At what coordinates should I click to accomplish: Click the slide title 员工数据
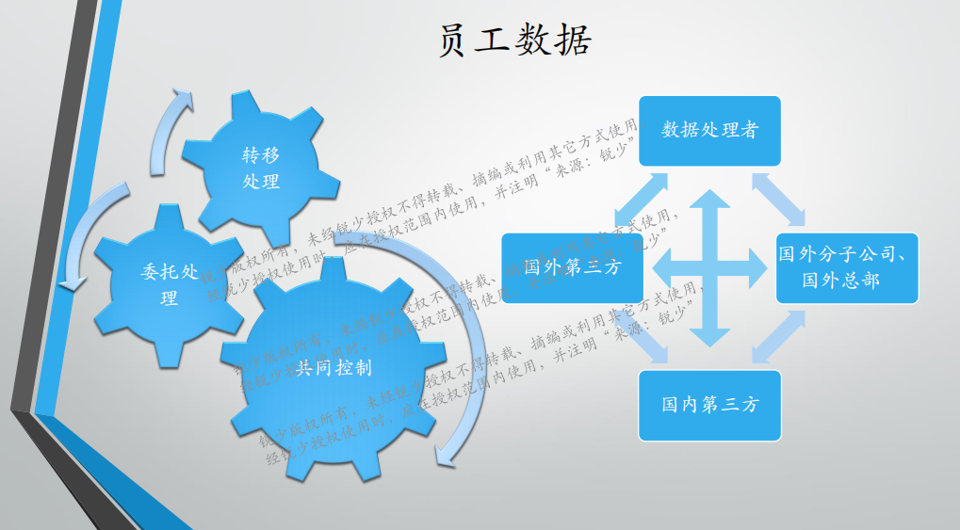pyautogui.click(x=514, y=40)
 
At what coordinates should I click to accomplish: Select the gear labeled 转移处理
pyautogui.click(x=260, y=167)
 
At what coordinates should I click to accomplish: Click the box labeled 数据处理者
pyautogui.click(x=709, y=130)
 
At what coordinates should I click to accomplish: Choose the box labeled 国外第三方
pyautogui.click(x=572, y=267)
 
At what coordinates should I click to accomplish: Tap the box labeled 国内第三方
pyautogui.click(x=709, y=405)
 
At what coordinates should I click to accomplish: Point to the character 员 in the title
pyautogui.click(x=456, y=40)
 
